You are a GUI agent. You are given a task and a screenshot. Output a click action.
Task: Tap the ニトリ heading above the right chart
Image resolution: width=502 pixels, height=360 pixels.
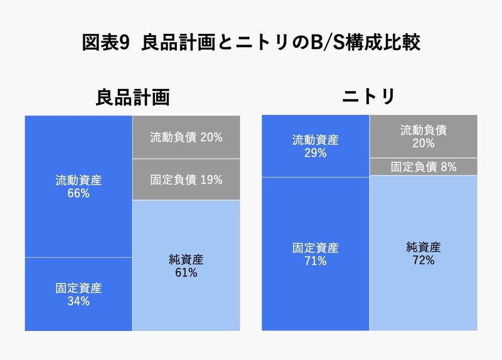(x=368, y=97)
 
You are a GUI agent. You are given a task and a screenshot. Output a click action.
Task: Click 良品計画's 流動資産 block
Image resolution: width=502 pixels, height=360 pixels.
(x=78, y=186)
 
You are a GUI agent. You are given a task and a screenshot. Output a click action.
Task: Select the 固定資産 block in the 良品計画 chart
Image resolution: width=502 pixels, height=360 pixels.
(x=78, y=294)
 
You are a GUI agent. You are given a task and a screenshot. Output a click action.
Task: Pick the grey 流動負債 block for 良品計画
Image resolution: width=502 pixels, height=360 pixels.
(x=186, y=137)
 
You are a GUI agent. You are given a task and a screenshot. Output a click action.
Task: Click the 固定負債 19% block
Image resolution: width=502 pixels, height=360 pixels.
(x=186, y=180)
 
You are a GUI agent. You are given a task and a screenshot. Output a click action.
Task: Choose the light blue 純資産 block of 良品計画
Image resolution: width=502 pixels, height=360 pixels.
(x=186, y=265)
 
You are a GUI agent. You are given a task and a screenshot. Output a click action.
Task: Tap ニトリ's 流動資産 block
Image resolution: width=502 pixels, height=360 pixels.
(x=315, y=146)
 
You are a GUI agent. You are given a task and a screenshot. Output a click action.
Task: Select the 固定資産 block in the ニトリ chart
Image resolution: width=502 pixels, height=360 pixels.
(x=315, y=254)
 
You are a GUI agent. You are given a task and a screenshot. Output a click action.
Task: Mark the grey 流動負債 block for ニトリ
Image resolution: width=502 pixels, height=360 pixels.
(x=423, y=136)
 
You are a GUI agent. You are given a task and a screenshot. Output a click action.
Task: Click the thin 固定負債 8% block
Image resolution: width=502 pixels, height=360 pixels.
(x=423, y=167)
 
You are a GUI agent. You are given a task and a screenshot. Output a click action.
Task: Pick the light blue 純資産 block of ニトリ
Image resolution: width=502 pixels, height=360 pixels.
(x=423, y=253)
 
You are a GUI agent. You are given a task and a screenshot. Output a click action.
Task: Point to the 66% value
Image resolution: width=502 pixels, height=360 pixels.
(x=78, y=194)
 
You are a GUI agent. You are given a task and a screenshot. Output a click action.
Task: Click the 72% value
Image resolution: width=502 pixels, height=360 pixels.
(x=423, y=260)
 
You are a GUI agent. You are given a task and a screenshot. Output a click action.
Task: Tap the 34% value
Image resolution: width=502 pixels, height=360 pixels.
(x=78, y=302)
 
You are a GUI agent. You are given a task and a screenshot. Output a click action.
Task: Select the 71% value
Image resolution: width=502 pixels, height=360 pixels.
(x=315, y=261)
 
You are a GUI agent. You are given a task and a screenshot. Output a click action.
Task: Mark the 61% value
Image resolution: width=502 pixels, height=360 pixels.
(x=186, y=273)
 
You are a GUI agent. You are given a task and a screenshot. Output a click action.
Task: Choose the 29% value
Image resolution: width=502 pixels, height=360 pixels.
(x=315, y=153)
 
